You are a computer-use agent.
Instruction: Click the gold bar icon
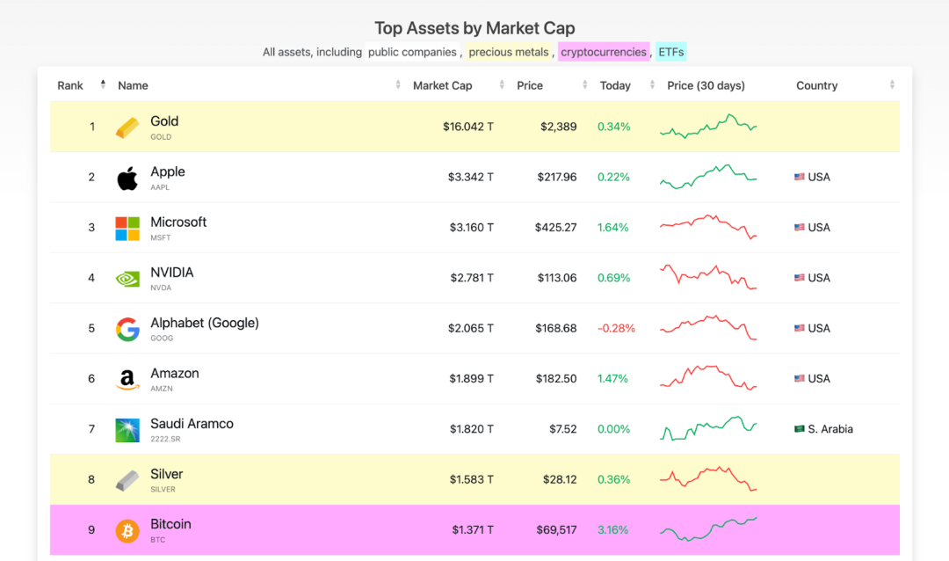coord(127,127)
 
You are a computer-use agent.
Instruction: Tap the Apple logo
coord(127,178)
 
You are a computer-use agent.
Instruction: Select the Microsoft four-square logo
coord(127,229)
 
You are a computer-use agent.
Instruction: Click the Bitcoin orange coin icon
coord(127,531)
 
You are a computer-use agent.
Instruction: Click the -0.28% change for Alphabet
coord(616,328)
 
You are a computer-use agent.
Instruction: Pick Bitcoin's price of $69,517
coord(556,529)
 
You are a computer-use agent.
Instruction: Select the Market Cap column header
coord(443,85)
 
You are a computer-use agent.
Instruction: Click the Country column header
coord(817,85)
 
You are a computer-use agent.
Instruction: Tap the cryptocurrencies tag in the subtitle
coord(604,52)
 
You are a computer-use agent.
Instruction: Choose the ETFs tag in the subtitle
coord(670,52)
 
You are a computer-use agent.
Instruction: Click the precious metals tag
coord(509,52)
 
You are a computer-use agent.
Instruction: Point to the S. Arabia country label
coord(830,429)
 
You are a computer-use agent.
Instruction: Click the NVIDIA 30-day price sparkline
coord(708,277)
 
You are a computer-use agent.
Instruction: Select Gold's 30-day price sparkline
coord(708,127)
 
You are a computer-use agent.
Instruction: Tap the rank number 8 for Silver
coord(91,479)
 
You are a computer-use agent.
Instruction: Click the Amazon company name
coord(175,373)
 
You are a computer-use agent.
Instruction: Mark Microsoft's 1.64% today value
coord(613,227)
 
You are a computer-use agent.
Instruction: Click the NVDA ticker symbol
coord(161,288)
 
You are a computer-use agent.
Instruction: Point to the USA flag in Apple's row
coord(800,177)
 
